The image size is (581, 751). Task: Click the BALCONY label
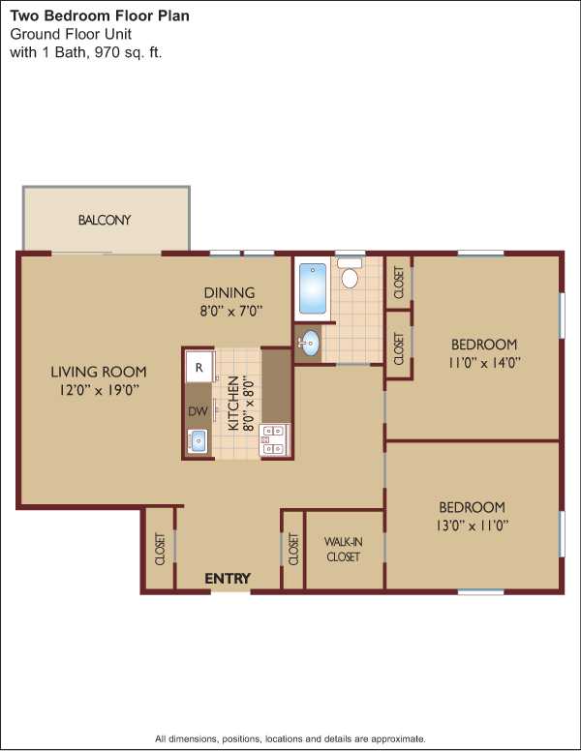[105, 220]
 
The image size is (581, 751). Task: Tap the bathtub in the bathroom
[313, 287]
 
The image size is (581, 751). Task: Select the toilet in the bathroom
[350, 273]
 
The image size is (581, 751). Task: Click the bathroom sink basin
[310, 343]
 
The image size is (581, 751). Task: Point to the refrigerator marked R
[199, 367]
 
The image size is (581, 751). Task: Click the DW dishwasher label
[198, 411]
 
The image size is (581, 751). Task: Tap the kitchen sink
[198, 441]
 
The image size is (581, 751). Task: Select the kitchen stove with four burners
[274, 439]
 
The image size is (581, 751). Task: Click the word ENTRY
[228, 579]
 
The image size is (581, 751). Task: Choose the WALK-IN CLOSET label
[343, 550]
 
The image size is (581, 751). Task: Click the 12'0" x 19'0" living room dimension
[99, 390]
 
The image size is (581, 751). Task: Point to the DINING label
[229, 292]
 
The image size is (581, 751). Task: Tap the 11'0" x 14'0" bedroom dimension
[484, 363]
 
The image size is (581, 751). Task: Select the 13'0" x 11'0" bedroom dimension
[473, 526]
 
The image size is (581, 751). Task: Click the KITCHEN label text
[233, 404]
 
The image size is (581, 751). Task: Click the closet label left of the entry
[160, 549]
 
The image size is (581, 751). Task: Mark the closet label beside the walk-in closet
[293, 549]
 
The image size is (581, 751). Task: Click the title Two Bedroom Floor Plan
[100, 15]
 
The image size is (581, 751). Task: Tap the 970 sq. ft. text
[129, 52]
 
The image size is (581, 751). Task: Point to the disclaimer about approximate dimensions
[290, 738]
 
